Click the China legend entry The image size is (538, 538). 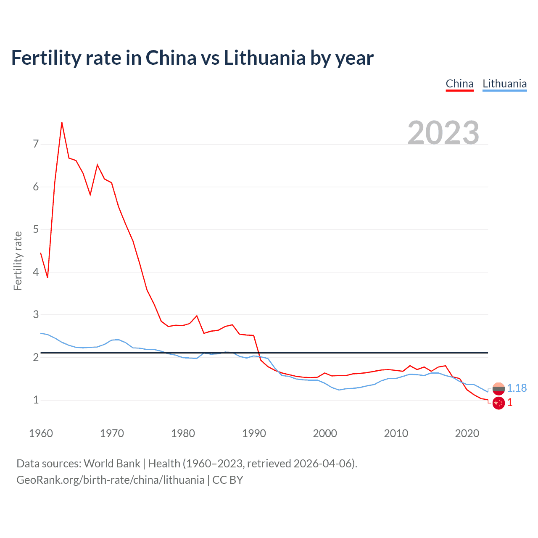click(x=459, y=84)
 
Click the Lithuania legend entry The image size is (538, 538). click(x=504, y=84)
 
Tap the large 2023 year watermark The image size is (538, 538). click(x=443, y=133)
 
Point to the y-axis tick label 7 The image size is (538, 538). click(x=36, y=144)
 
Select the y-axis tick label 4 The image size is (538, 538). click(x=36, y=272)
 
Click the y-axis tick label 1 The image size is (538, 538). click(x=36, y=400)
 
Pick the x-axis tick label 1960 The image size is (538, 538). click(x=41, y=433)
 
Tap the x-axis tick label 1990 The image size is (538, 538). click(x=254, y=433)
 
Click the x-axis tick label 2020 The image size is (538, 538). click(x=467, y=433)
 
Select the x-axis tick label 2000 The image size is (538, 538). click(x=325, y=433)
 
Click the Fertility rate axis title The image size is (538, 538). click(x=18, y=261)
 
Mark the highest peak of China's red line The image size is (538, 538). click(x=62, y=123)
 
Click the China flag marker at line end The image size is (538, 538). click(x=498, y=403)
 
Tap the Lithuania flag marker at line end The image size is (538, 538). click(x=498, y=389)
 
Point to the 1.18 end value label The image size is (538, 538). click(x=517, y=388)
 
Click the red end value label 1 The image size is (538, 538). click(x=510, y=403)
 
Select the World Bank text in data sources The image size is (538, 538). click(x=112, y=464)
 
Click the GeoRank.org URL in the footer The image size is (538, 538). click(x=110, y=480)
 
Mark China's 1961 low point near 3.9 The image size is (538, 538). click(x=47, y=277)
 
